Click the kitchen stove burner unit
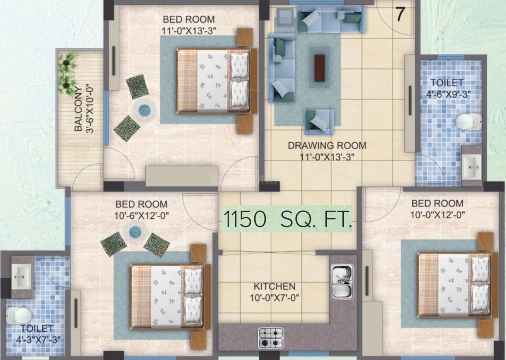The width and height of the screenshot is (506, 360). [271, 337]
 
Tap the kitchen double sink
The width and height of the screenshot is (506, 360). [342, 281]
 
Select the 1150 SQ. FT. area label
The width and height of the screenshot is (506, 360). [287, 219]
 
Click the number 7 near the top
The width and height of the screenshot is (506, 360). [400, 15]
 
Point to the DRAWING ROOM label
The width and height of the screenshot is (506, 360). [327, 145]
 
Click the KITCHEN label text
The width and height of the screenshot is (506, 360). [274, 287]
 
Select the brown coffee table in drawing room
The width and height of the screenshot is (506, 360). [320, 68]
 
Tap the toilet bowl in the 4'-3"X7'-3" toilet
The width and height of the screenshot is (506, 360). [19, 315]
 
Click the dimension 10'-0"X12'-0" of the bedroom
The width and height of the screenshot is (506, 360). [437, 215]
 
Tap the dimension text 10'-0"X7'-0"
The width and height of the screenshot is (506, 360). [274, 298]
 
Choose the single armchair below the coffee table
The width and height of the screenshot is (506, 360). [319, 121]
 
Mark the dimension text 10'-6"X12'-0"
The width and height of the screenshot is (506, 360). [141, 216]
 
